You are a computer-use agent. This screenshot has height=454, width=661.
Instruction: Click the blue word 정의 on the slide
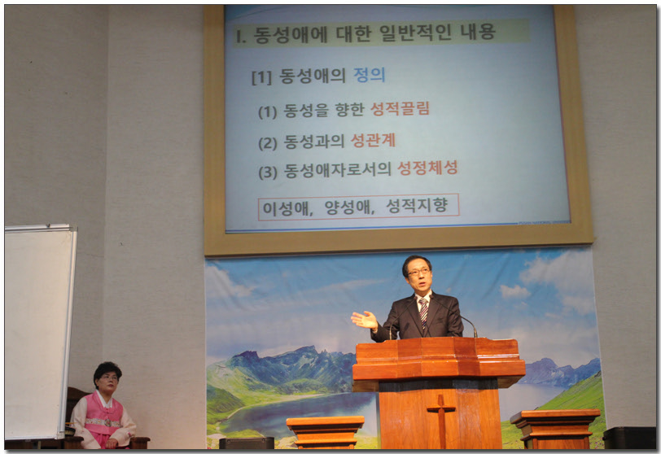click(370, 75)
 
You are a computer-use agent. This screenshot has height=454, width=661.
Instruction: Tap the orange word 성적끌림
click(400, 109)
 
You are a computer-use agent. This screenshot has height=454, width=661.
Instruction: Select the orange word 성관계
click(374, 140)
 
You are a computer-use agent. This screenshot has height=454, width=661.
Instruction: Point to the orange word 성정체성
click(427, 168)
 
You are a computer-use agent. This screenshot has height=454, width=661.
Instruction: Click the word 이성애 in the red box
click(286, 208)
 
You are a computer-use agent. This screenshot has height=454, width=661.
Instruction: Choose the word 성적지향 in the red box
click(417, 205)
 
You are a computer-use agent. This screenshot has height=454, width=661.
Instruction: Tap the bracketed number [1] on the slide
click(262, 77)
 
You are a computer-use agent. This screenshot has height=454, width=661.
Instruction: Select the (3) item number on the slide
click(268, 172)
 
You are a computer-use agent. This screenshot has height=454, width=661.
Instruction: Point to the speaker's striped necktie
click(423, 312)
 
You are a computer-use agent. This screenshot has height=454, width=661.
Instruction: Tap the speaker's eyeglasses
click(418, 272)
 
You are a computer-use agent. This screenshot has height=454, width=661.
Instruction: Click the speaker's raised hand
click(365, 320)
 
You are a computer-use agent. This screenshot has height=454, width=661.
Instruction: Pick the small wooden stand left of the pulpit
click(325, 431)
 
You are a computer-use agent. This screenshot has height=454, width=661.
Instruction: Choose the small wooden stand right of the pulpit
click(554, 428)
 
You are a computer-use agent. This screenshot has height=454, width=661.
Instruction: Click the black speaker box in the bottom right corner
click(629, 438)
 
